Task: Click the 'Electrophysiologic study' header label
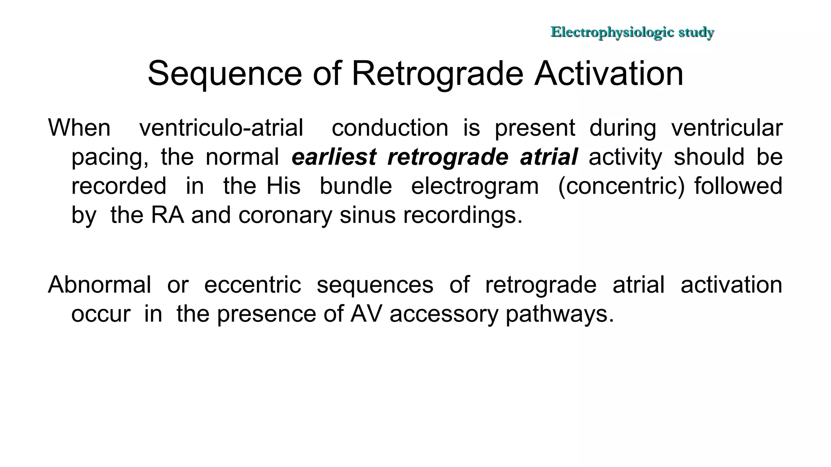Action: [x=632, y=32]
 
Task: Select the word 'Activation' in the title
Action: [x=609, y=73]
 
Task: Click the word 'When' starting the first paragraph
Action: [x=79, y=128]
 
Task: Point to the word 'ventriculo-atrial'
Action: [x=221, y=128]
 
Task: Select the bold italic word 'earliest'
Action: [x=334, y=157]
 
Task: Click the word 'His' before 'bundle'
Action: [x=283, y=186]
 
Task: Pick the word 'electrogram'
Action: [x=475, y=186]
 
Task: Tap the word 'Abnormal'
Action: [x=99, y=285]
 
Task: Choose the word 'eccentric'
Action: [x=252, y=285]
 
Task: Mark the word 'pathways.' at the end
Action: [x=560, y=314]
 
